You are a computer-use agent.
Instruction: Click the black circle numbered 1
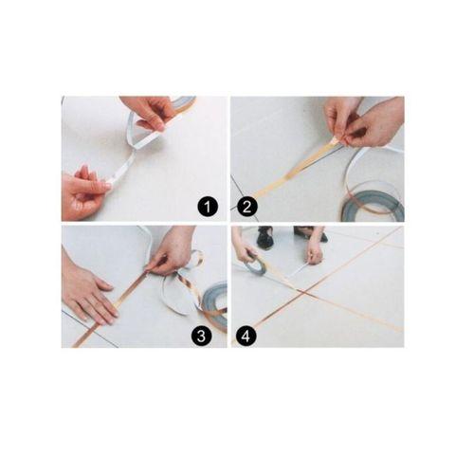click(x=208, y=208)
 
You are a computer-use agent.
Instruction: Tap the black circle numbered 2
click(x=246, y=208)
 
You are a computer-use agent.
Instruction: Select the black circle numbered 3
click(x=201, y=336)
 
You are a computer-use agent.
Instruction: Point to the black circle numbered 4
click(x=246, y=336)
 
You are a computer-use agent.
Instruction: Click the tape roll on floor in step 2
click(x=373, y=207)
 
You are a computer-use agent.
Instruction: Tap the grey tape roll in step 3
click(x=214, y=303)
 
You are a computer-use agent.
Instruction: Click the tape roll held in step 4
click(x=256, y=264)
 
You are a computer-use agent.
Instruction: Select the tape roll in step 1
click(x=186, y=102)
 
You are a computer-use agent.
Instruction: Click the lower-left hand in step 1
click(x=83, y=192)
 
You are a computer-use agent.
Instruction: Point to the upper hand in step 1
click(x=149, y=111)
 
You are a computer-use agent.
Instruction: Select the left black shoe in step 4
click(x=264, y=237)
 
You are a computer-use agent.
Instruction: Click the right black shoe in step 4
click(x=310, y=234)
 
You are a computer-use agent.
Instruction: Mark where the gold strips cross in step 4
click(x=304, y=293)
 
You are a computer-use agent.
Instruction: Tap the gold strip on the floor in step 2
click(x=294, y=169)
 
